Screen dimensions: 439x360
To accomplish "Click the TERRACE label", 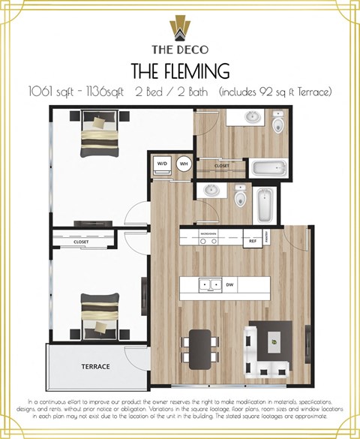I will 96,366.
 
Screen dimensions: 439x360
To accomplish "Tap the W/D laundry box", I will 162,164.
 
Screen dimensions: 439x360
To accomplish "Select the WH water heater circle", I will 183,164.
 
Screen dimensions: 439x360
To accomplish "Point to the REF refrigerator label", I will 253,242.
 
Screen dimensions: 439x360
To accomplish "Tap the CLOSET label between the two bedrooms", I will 81,242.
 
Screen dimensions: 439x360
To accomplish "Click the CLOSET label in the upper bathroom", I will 222,166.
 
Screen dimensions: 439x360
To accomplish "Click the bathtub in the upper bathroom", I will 266,168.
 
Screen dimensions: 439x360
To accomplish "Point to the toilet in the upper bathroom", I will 279,123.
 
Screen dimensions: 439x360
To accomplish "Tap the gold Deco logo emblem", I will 180,28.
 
